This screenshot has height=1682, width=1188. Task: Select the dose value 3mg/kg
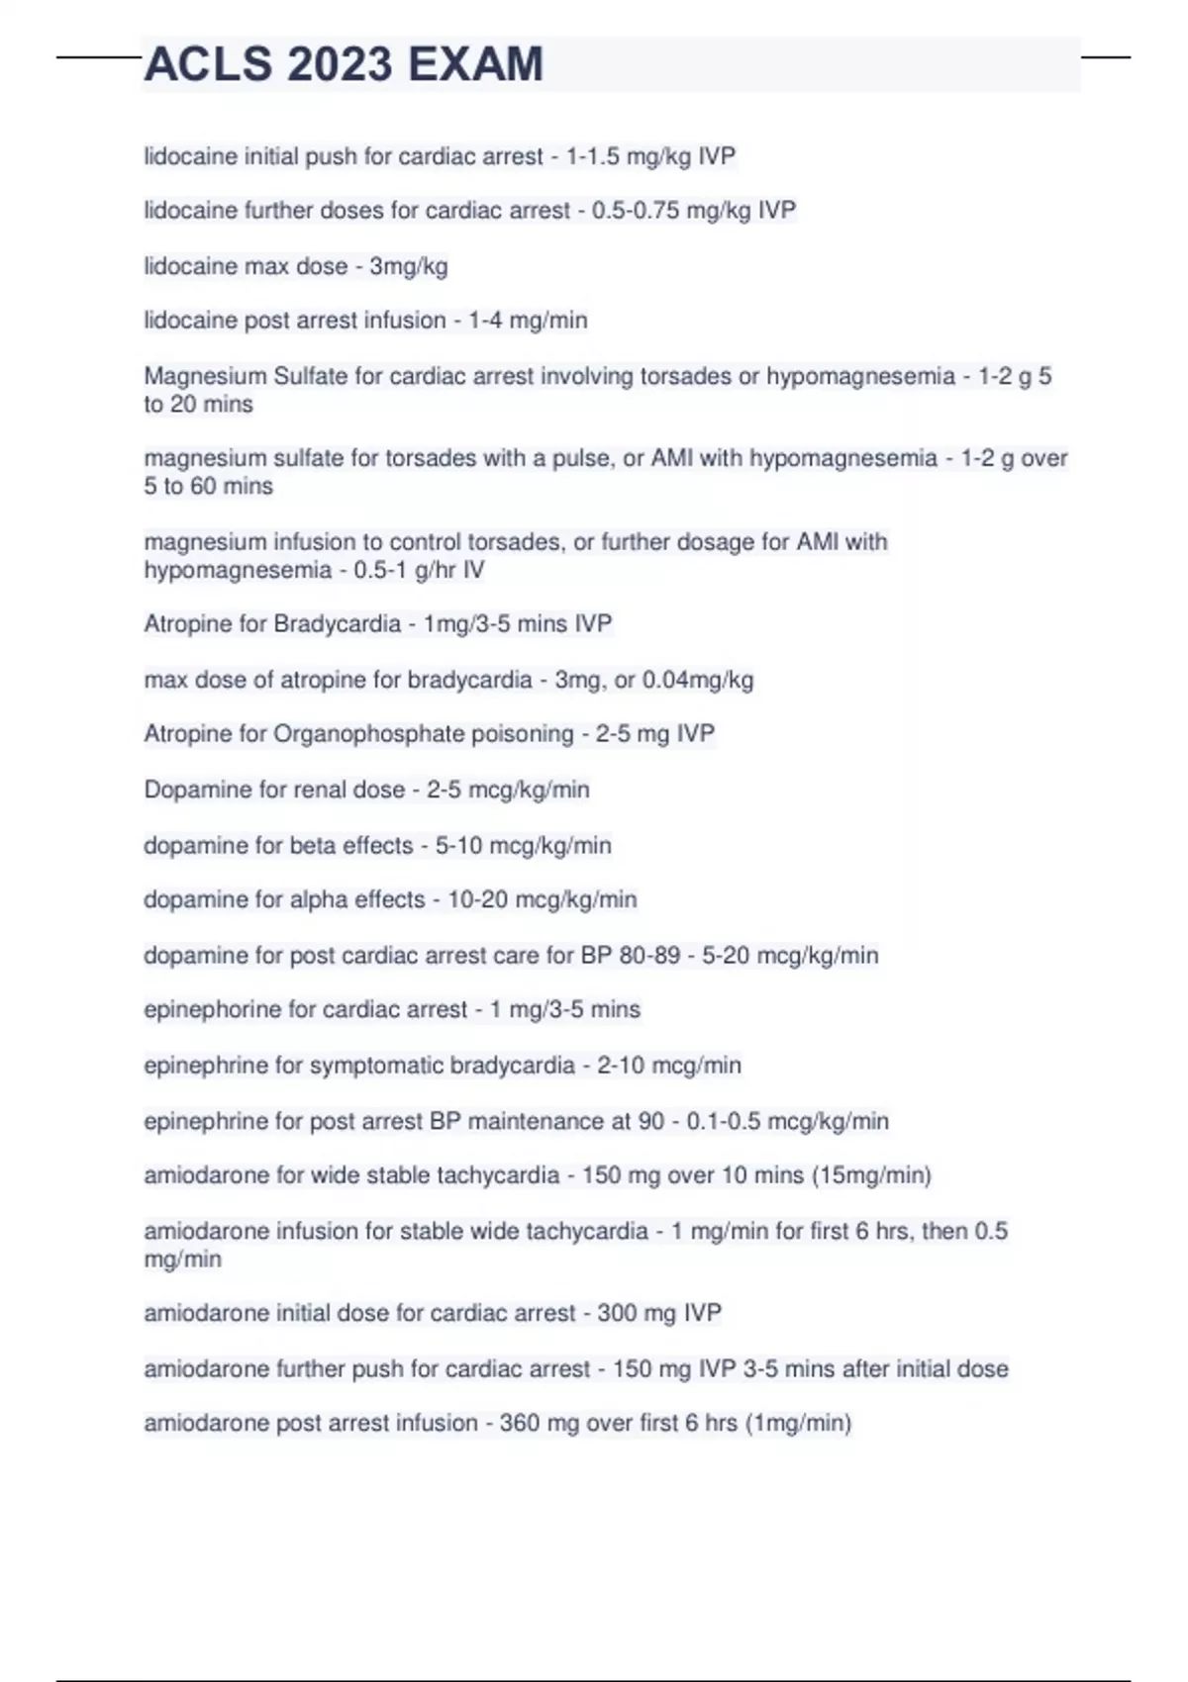coord(408,266)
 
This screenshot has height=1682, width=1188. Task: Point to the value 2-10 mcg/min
coord(668,1066)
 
